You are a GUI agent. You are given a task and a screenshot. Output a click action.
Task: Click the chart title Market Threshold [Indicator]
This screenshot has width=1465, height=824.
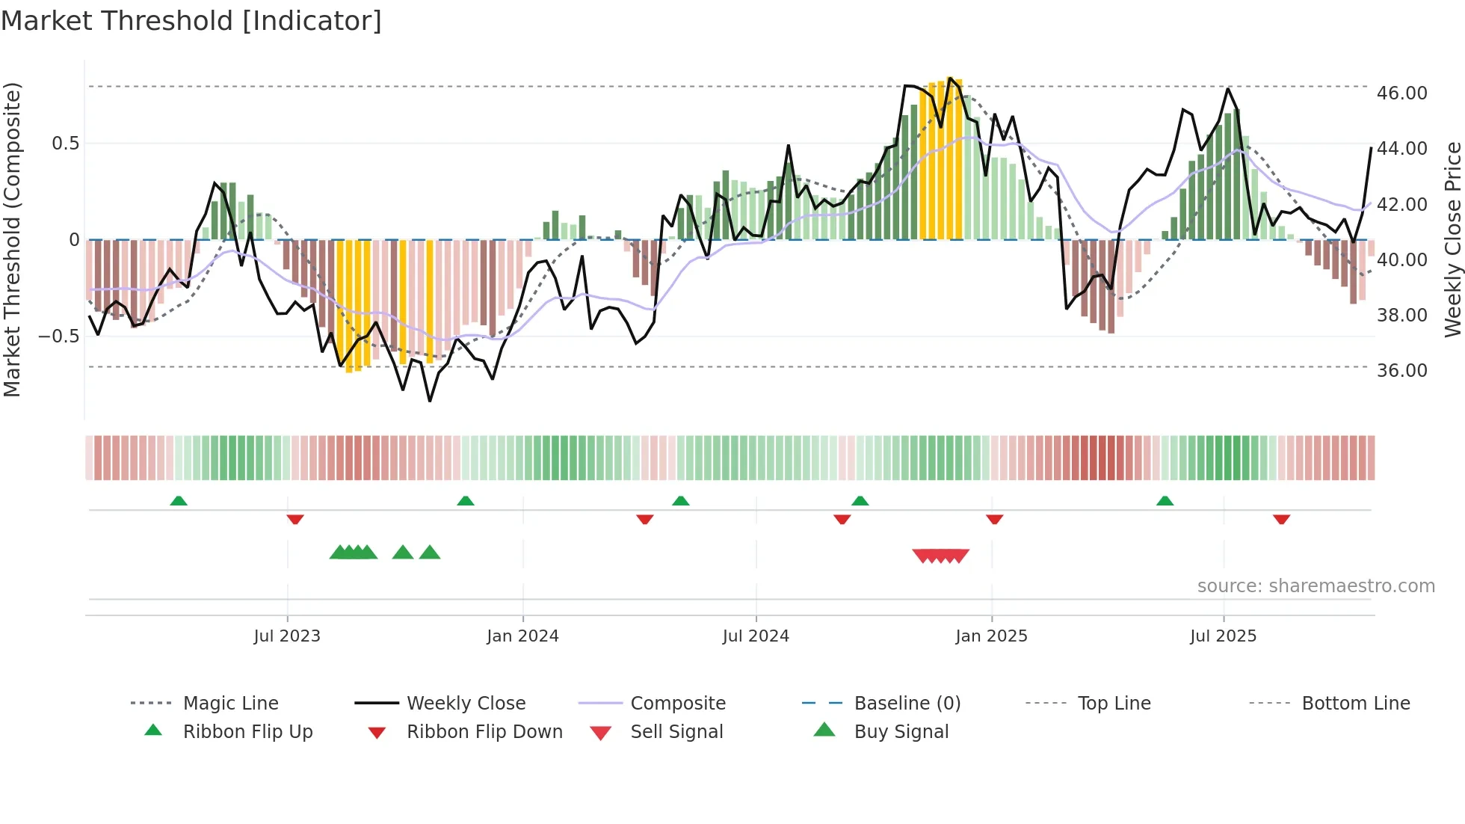pyautogui.click(x=191, y=21)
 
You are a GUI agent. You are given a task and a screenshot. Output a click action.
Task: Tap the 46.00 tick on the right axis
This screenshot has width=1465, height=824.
pyautogui.click(x=1401, y=93)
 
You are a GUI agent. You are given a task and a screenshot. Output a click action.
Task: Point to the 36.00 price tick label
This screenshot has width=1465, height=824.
pyautogui.click(x=1401, y=371)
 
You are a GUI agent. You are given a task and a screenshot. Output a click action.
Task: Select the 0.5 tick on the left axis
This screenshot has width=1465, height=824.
pyautogui.click(x=66, y=144)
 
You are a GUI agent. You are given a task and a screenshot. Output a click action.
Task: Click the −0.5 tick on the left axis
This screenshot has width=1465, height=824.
pyautogui.click(x=59, y=336)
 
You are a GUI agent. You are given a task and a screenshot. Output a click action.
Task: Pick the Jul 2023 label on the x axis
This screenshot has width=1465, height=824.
pyautogui.click(x=287, y=636)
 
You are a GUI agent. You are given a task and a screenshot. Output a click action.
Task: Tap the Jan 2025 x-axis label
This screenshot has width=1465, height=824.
pyautogui.click(x=991, y=636)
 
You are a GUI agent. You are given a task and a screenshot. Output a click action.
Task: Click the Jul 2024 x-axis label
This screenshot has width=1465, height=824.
pyautogui.click(x=756, y=636)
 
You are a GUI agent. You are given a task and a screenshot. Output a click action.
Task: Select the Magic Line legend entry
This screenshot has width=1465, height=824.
pyautogui.click(x=230, y=704)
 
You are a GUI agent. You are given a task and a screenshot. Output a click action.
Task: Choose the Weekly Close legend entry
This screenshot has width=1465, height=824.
pyautogui.click(x=466, y=704)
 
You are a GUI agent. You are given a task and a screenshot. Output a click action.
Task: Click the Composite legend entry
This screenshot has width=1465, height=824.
pyautogui.click(x=677, y=704)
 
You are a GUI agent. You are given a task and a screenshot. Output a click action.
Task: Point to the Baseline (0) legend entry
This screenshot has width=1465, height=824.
pyautogui.click(x=907, y=704)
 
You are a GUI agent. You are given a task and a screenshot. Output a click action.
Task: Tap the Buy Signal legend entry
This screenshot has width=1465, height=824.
pyautogui.click(x=901, y=732)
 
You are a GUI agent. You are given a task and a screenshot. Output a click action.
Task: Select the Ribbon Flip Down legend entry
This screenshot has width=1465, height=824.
pyautogui.click(x=484, y=732)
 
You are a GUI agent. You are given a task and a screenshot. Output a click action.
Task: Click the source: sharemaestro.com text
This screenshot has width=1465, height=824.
pyautogui.click(x=1316, y=586)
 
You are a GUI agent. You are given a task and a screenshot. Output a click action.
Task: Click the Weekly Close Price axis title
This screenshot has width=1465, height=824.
pyautogui.click(x=1452, y=239)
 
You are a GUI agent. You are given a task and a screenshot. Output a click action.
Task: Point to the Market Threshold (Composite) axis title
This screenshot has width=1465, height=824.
pyautogui.click(x=12, y=239)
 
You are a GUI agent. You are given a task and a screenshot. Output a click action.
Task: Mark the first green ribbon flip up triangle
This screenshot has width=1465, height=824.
pyautogui.click(x=179, y=501)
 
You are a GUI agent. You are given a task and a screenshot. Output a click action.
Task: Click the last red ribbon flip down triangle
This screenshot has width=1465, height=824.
pyautogui.click(x=1281, y=519)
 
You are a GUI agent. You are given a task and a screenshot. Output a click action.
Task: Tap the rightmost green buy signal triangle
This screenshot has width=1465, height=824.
pyautogui.click(x=430, y=553)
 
